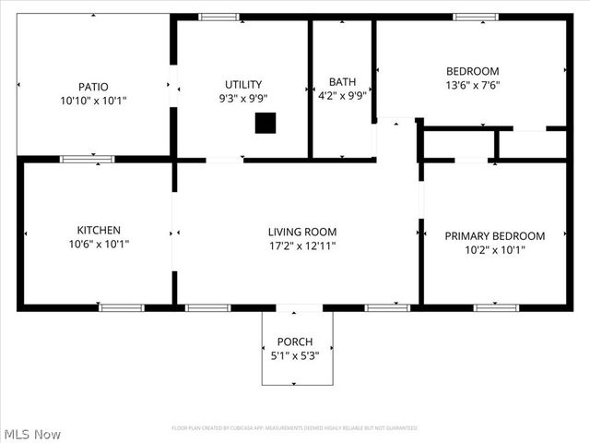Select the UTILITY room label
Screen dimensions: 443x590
243,84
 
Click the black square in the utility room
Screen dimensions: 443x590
265,123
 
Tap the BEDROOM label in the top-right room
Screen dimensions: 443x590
472,71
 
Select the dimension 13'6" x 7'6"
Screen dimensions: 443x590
472,86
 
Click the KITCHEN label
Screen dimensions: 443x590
98,230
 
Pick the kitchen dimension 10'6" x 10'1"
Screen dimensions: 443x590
98,245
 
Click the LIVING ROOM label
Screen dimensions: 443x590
301,232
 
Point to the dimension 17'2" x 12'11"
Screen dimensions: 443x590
301,246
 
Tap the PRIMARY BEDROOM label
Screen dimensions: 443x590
494,235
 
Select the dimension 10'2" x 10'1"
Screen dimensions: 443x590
494,250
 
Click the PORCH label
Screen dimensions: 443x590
295,341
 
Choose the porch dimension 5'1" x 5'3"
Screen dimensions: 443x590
295,355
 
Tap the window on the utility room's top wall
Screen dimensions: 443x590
219,17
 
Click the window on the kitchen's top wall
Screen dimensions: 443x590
87,160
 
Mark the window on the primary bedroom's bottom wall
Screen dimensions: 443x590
496,307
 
